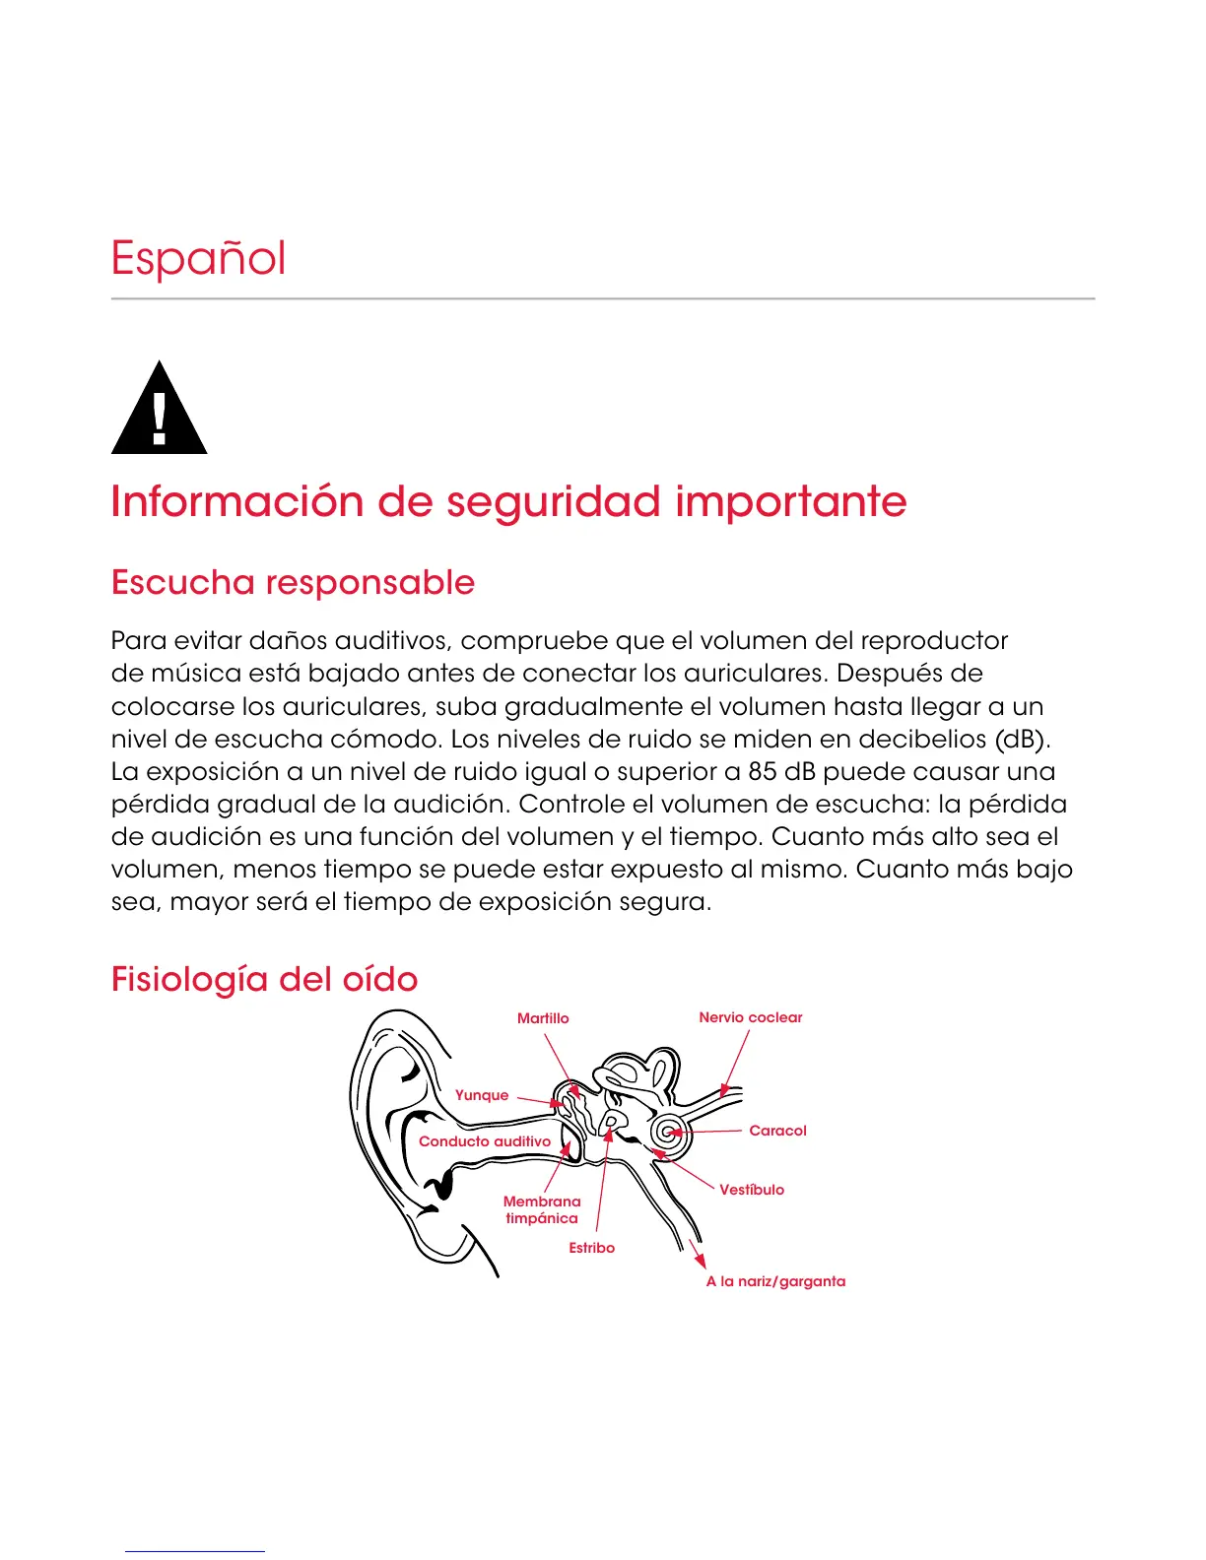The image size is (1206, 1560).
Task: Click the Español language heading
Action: pos(198,259)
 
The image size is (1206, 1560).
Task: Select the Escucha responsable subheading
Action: pos(293,582)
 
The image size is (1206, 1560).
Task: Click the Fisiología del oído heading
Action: pos(264,979)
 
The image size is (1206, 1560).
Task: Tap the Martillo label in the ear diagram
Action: pos(543,1018)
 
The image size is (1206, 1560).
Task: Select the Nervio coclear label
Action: pos(751,1017)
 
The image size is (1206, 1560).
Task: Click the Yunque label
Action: pos(482,1095)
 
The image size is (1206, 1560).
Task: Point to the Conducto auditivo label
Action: pos(485,1141)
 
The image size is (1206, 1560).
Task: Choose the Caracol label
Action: pos(777,1131)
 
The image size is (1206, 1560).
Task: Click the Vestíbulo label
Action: pos(752,1190)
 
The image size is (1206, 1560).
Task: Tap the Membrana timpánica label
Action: pos(542,1209)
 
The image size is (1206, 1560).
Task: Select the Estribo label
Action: pos(591,1248)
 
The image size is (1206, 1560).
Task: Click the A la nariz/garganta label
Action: pos(775,1281)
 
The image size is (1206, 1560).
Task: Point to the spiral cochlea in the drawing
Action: pos(670,1132)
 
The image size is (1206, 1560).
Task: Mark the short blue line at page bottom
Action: pos(194,1551)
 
